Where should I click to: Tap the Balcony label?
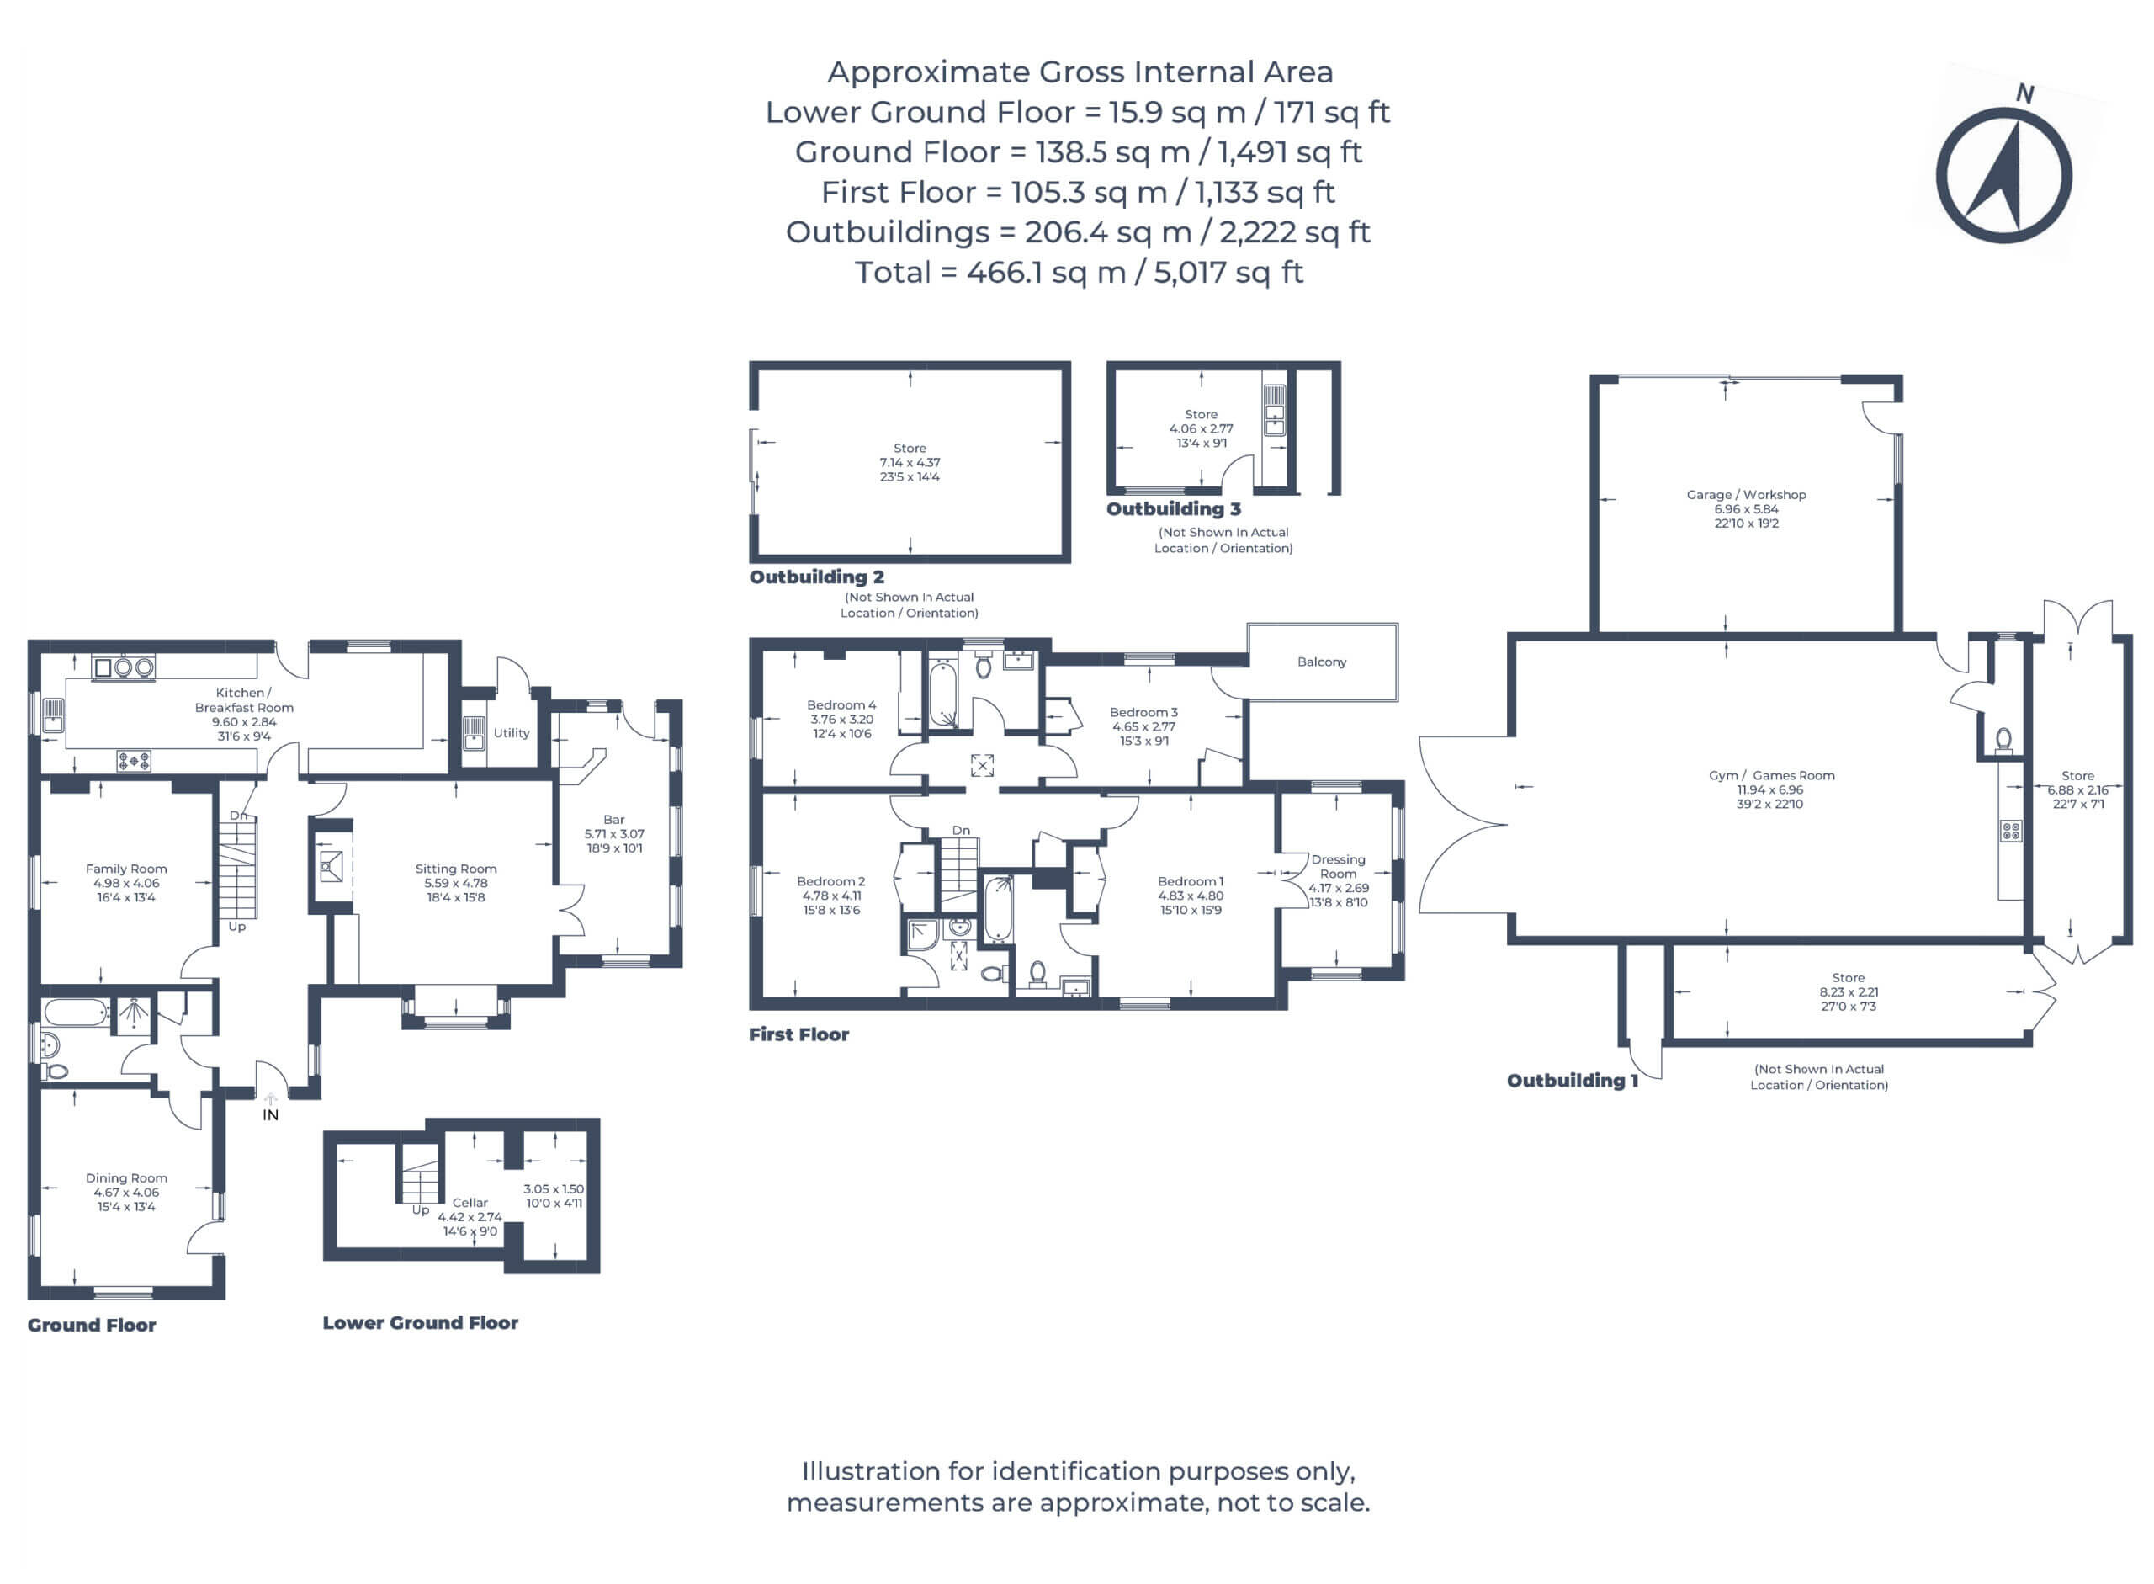pos(1321,662)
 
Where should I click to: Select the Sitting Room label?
pos(455,869)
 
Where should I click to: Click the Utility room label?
pos(511,732)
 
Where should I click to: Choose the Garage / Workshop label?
pos(1746,495)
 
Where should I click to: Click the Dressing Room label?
pos(1338,867)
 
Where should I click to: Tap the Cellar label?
pos(470,1203)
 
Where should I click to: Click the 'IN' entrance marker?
pos(270,1114)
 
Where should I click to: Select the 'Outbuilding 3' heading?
pos(1173,509)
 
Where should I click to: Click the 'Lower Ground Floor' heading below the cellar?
pos(420,1323)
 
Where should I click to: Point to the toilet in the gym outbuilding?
pos(2003,739)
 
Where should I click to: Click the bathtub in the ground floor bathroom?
pos(76,1013)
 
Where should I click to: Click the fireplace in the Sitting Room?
pos(331,867)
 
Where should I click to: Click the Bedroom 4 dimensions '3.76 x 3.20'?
pos(841,719)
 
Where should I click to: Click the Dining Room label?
pos(126,1178)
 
